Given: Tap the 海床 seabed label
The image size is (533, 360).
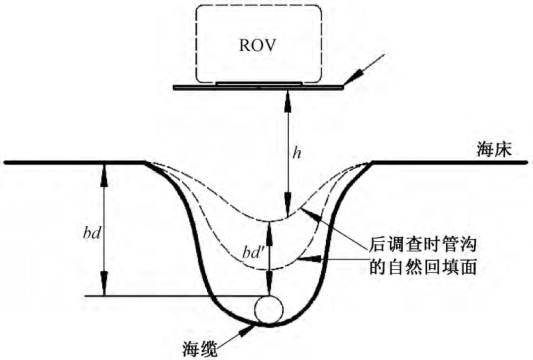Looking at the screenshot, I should click(x=494, y=149).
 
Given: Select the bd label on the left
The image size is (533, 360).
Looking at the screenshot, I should click(x=92, y=232).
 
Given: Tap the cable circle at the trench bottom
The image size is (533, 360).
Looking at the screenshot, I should click(x=269, y=310).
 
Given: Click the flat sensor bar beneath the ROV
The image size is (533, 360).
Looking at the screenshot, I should click(x=259, y=87).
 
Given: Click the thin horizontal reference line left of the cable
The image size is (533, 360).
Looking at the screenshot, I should click(x=168, y=296).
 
